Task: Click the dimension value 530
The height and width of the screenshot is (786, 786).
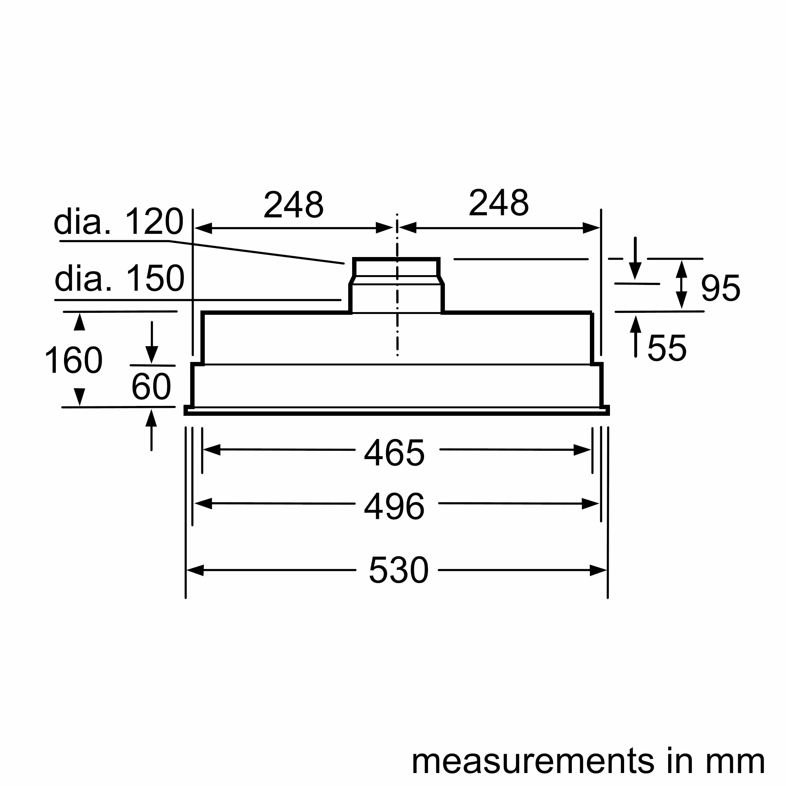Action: click(x=398, y=570)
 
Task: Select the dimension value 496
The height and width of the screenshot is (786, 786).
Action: click(x=394, y=507)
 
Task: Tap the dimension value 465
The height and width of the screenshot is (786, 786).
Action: click(x=394, y=453)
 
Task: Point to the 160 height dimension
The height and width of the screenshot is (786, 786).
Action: click(x=73, y=360)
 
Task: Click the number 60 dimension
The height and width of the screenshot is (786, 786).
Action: click(x=151, y=386)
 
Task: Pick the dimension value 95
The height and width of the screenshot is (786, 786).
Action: click(x=720, y=288)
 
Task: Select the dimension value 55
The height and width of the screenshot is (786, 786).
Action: click(x=667, y=348)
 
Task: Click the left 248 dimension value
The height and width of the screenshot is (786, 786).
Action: click(x=293, y=204)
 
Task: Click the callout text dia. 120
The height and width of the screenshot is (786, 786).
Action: click(x=118, y=222)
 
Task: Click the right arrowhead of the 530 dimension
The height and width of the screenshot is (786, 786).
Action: click(x=598, y=570)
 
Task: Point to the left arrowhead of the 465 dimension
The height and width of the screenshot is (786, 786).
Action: click(x=211, y=450)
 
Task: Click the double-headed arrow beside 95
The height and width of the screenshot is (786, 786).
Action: click(x=681, y=285)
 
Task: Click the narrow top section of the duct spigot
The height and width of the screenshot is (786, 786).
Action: click(x=396, y=267)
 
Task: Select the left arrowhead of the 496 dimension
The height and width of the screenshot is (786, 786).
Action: click(x=204, y=504)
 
